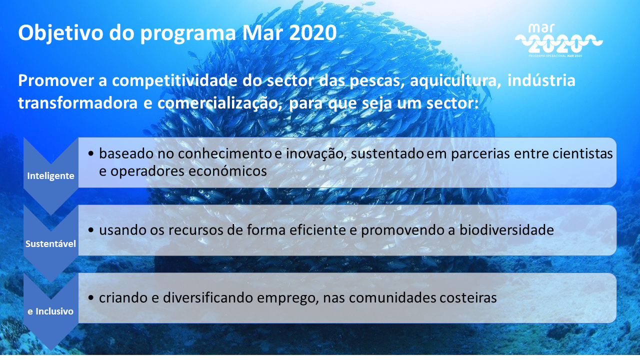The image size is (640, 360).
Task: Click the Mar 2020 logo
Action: click(558, 40)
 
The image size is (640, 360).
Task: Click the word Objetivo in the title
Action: click(60, 33)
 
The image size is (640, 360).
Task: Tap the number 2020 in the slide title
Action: click(313, 32)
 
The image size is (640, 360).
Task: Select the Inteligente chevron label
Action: click(50, 175)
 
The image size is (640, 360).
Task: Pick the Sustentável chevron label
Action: click(50, 243)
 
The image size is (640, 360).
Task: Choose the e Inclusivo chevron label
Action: click(50, 311)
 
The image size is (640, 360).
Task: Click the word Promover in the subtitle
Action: click(56, 80)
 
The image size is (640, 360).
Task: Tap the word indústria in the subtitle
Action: click(541, 80)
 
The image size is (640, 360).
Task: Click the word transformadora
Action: click(78, 103)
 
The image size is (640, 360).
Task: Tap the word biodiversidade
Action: click(506, 230)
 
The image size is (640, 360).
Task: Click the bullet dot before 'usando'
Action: click(91, 230)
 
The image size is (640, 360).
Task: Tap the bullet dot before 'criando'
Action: click(91, 297)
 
